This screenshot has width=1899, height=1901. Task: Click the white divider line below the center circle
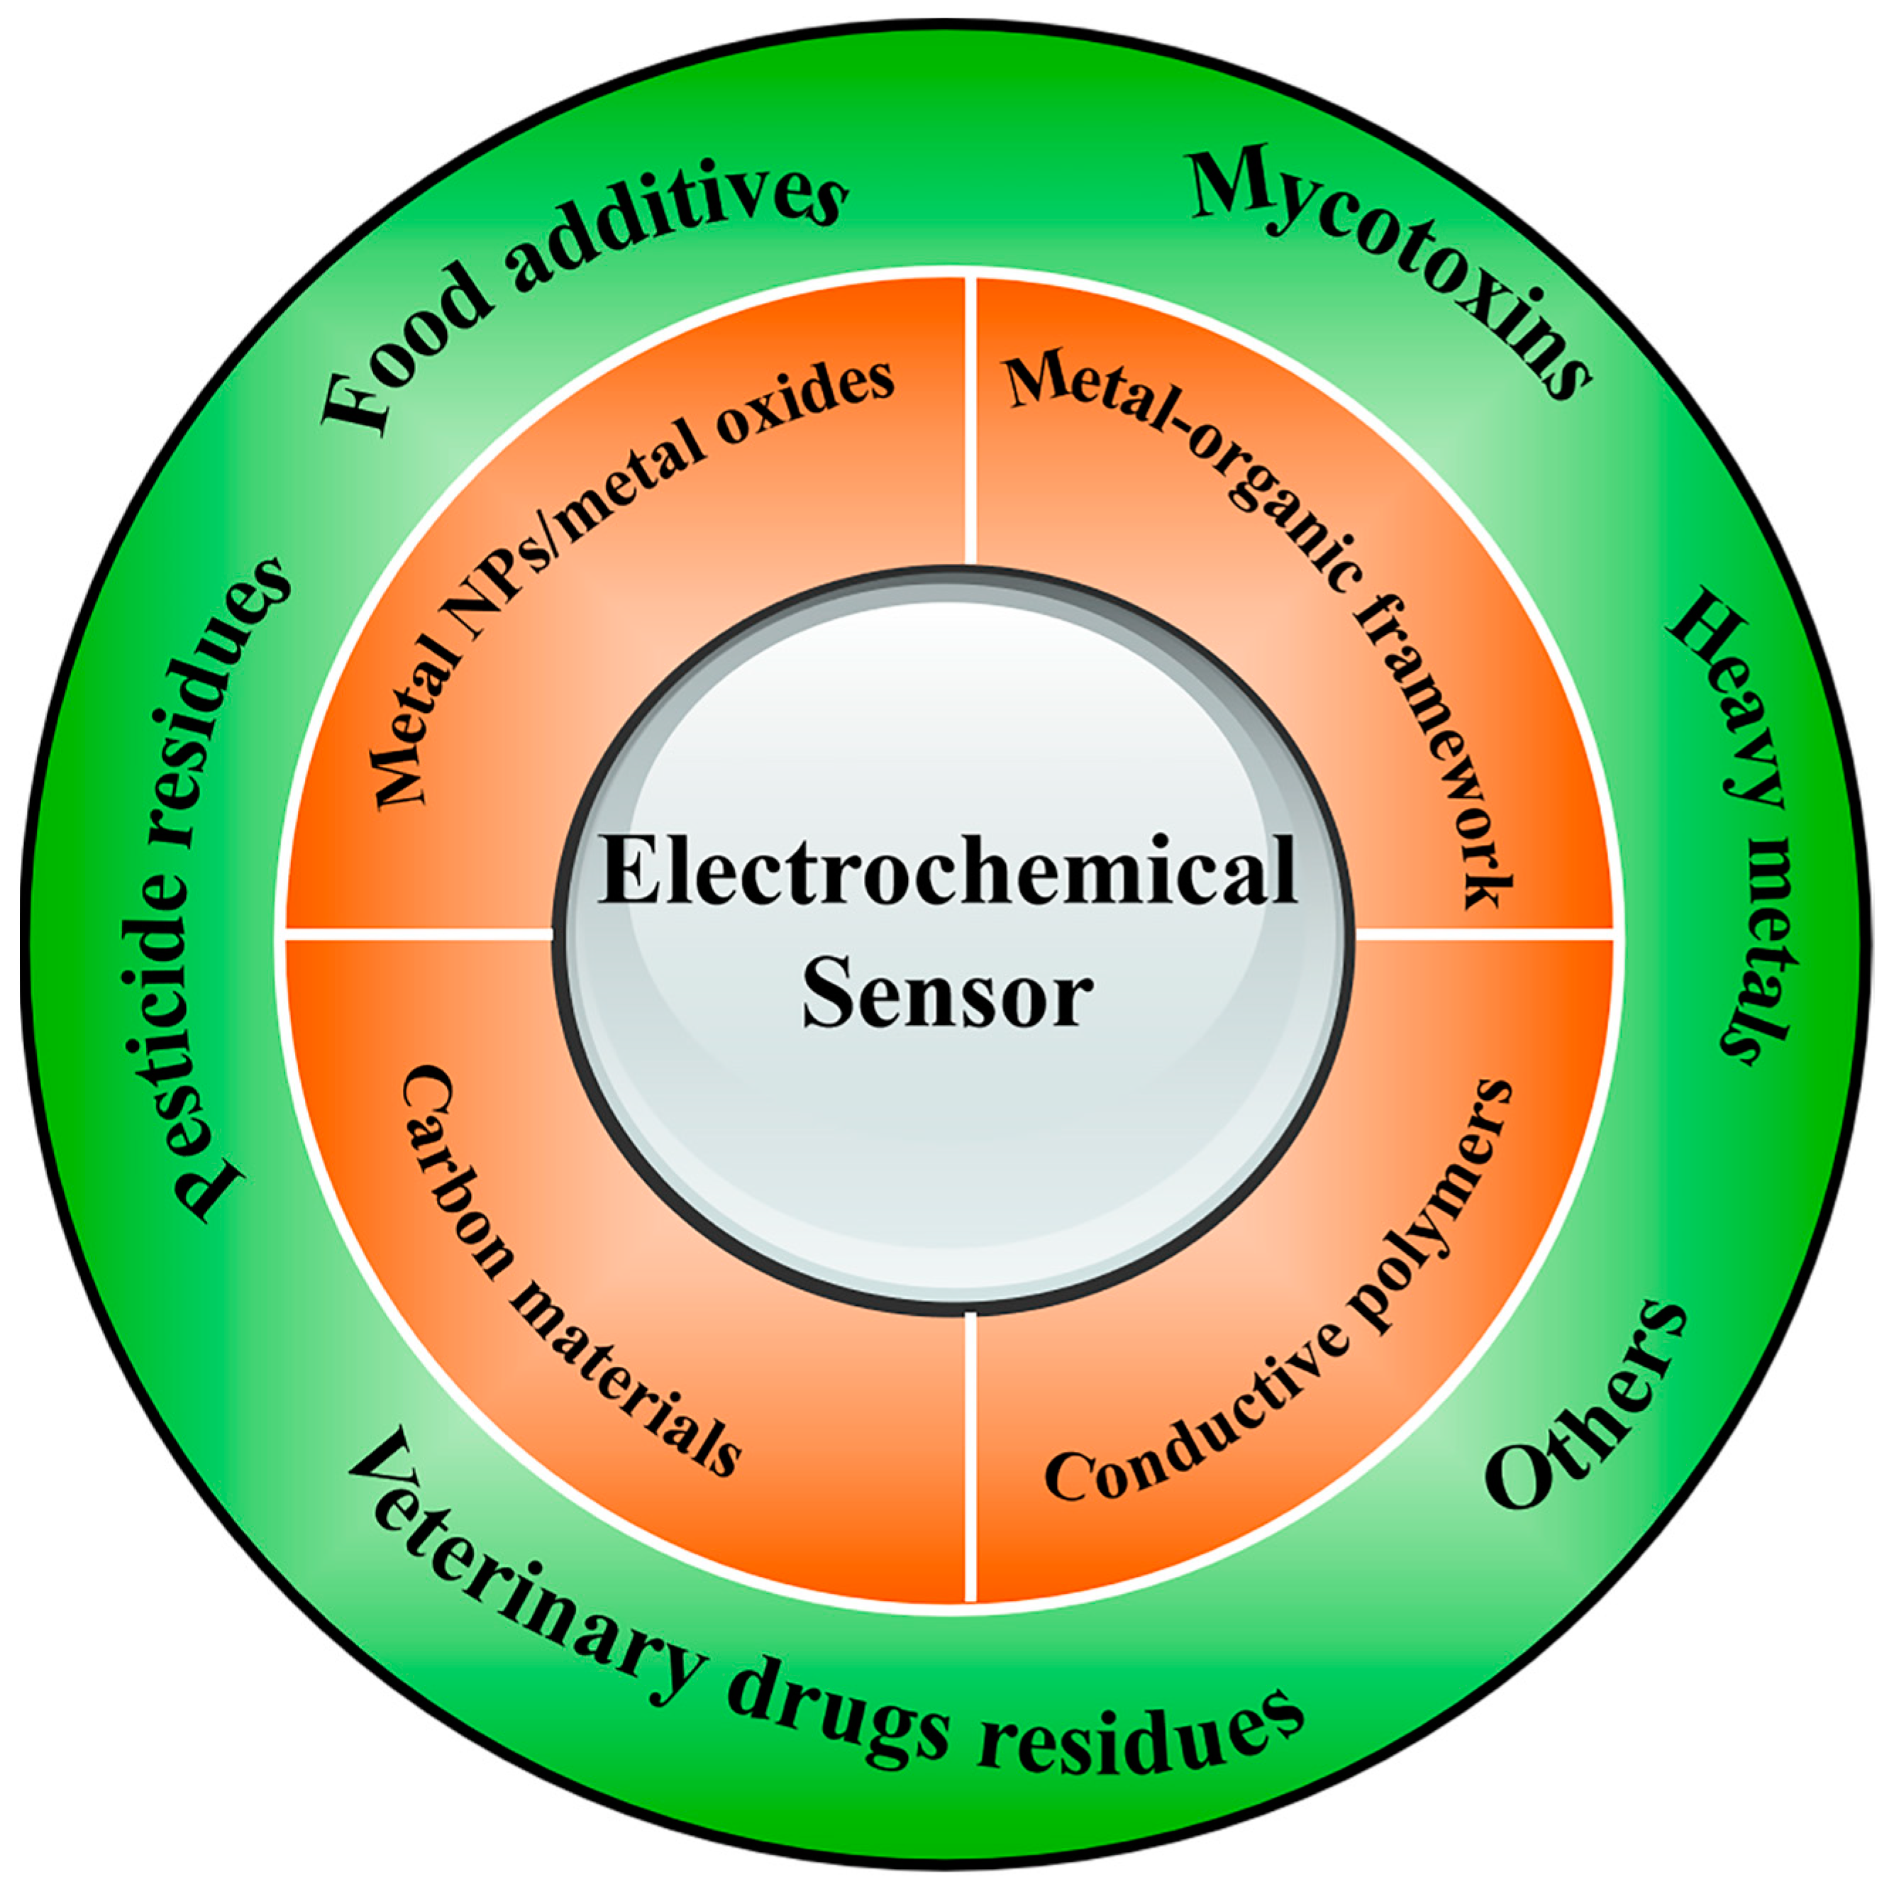(x=972, y=1456)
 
